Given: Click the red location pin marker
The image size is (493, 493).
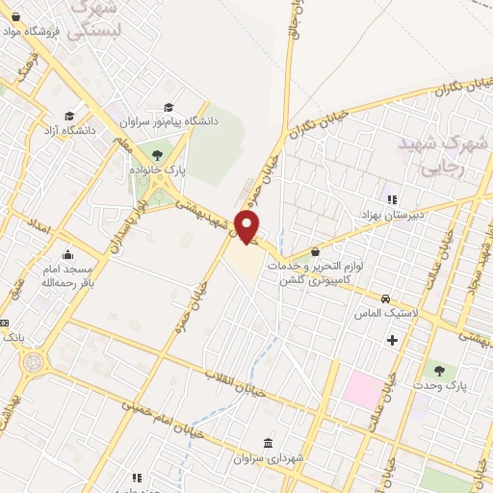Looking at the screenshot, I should click(247, 227).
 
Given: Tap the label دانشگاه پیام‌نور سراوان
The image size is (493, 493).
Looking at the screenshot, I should click(169, 121).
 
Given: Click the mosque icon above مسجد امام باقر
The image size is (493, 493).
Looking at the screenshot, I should click(66, 256).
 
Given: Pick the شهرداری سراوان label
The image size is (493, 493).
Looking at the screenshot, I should click(269, 457).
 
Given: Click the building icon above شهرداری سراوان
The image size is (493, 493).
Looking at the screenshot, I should click(269, 443).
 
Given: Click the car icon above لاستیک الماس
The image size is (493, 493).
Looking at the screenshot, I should click(385, 299).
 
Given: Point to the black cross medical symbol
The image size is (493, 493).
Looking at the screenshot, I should click(392, 340).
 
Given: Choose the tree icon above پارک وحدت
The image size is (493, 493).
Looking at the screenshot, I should click(440, 370).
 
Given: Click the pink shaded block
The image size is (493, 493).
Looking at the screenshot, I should click(362, 388).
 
